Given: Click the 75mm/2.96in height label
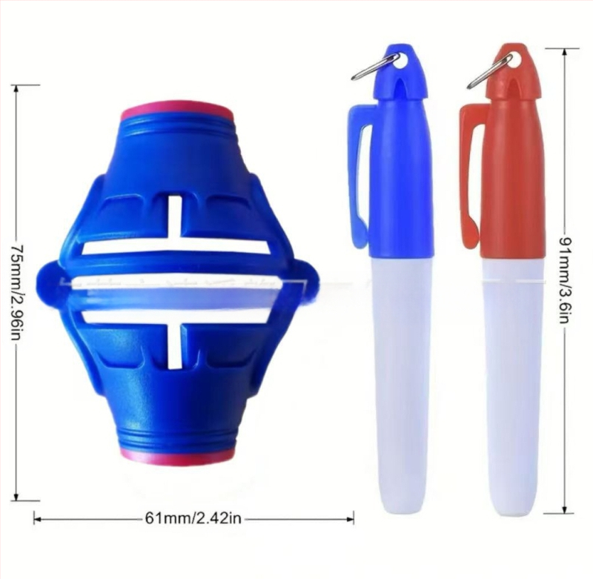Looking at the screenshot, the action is (16, 291).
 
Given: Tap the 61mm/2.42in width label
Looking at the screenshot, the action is (193, 517).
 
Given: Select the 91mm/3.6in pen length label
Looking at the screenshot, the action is (565, 279).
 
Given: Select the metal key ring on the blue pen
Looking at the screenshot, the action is (375, 67).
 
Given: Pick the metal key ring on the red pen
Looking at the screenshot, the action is (490, 70).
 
